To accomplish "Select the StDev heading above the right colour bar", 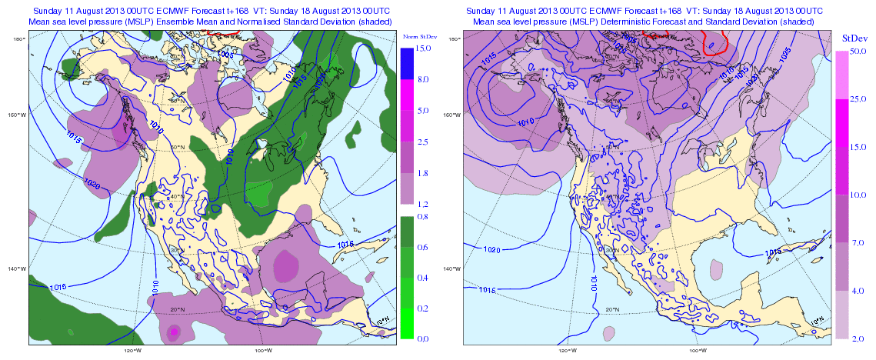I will tap(854, 37).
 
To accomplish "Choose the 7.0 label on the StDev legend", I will tap(861, 243).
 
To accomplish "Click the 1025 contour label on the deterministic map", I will tap(783, 53).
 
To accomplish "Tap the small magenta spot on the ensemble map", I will tap(175, 332).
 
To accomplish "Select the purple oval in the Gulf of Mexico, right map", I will tap(717, 269).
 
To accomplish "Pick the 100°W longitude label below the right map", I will tap(698, 350).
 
